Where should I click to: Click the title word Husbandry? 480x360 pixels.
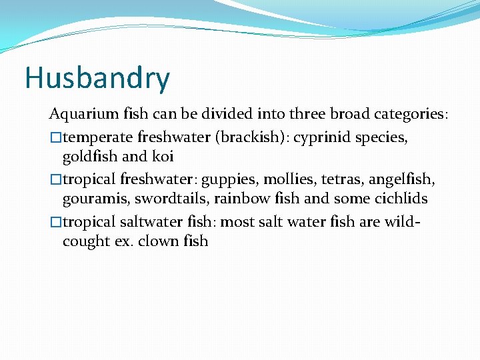97,79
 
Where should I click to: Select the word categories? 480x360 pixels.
401,115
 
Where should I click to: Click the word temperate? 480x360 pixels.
98,137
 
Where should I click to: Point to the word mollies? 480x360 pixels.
285,179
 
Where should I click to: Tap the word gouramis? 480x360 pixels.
91,199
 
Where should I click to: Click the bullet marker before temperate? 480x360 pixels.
56,138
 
